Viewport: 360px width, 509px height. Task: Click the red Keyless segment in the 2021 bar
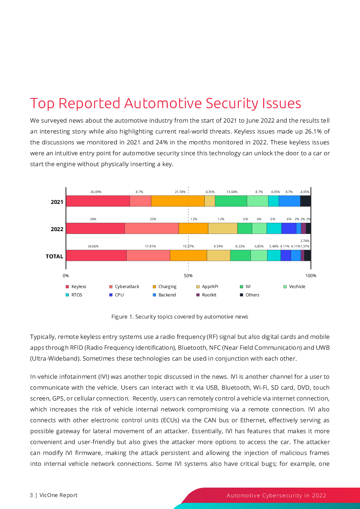[98, 201]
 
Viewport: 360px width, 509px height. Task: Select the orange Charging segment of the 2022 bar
[193, 228]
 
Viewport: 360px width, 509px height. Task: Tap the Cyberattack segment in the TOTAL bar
[148, 255]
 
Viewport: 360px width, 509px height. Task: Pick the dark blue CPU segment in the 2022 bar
[289, 228]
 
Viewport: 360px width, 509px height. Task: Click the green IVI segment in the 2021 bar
[231, 201]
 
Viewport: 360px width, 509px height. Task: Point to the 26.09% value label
[96, 192]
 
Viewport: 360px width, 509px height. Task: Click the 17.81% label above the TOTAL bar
[150, 246]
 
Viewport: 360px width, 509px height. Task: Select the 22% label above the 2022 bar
[153, 219]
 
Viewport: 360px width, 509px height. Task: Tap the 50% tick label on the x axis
[188, 276]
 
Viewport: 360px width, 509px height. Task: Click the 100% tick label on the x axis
[311, 276]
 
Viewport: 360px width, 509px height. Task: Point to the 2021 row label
[57, 202]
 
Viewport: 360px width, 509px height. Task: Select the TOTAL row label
[54, 256]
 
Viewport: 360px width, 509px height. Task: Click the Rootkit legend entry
[206, 295]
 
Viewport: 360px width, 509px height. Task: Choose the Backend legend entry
[164, 295]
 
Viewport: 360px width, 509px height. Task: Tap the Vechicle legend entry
[294, 287]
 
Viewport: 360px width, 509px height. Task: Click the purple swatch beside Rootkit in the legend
[198, 295]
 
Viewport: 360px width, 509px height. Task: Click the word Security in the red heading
[232, 104]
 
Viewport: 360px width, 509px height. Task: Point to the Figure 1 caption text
[180, 317]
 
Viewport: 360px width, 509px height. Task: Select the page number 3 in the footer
[31, 495]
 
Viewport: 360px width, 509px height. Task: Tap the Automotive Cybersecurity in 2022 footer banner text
[277, 495]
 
